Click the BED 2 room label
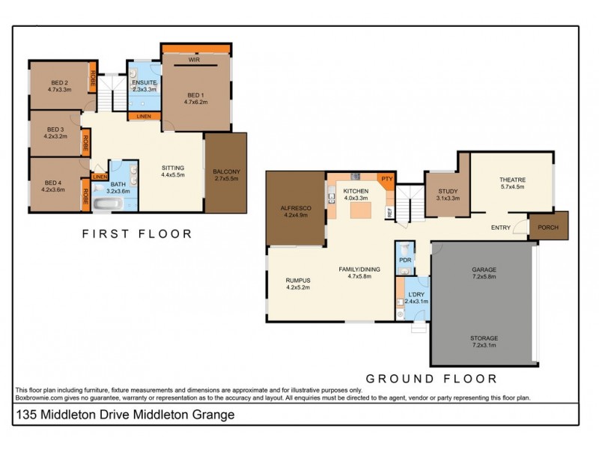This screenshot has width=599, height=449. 60,82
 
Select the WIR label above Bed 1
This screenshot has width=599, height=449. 193,58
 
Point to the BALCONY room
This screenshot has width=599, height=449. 226,172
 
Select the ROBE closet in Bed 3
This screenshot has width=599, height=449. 86,139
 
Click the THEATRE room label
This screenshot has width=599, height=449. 513,180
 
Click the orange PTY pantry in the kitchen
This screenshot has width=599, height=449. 386,180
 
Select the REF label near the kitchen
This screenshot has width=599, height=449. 389,212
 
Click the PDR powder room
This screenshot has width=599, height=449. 405,260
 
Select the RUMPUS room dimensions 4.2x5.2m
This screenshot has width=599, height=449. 298,287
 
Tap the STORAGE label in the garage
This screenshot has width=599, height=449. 484,337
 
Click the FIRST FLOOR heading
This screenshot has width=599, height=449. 137,233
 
